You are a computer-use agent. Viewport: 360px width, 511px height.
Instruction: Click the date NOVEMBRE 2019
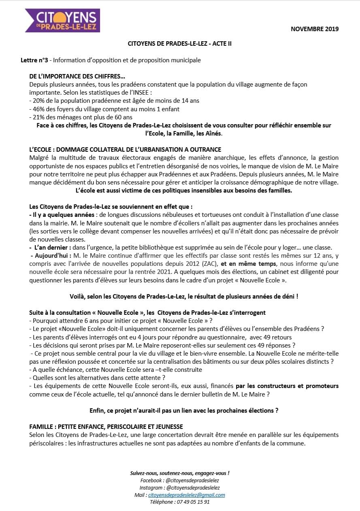click(x=315, y=29)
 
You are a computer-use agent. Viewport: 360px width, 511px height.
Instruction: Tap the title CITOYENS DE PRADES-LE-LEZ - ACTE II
click(x=180, y=43)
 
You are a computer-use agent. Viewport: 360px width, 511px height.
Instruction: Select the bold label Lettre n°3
click(x=34, y=60)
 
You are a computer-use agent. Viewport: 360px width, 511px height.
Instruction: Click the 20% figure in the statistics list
click(x=37, y=101)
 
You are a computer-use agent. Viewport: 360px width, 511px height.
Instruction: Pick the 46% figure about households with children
click(x=37, y=109)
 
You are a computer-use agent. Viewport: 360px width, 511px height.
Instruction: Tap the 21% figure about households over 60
click(x=37, y=117)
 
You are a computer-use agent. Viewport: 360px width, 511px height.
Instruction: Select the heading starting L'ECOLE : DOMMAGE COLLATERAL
click(x=125, y=150)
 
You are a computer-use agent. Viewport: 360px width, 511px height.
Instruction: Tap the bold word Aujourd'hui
click(x=51, y=255)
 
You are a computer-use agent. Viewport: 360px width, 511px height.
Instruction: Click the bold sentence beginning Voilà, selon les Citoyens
click(x=184, y=296)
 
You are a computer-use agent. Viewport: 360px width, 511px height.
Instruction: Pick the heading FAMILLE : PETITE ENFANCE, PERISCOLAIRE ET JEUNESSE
click(x=106, y=426)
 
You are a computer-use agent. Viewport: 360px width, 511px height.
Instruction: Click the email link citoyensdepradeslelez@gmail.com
click(x=186, y=495)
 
